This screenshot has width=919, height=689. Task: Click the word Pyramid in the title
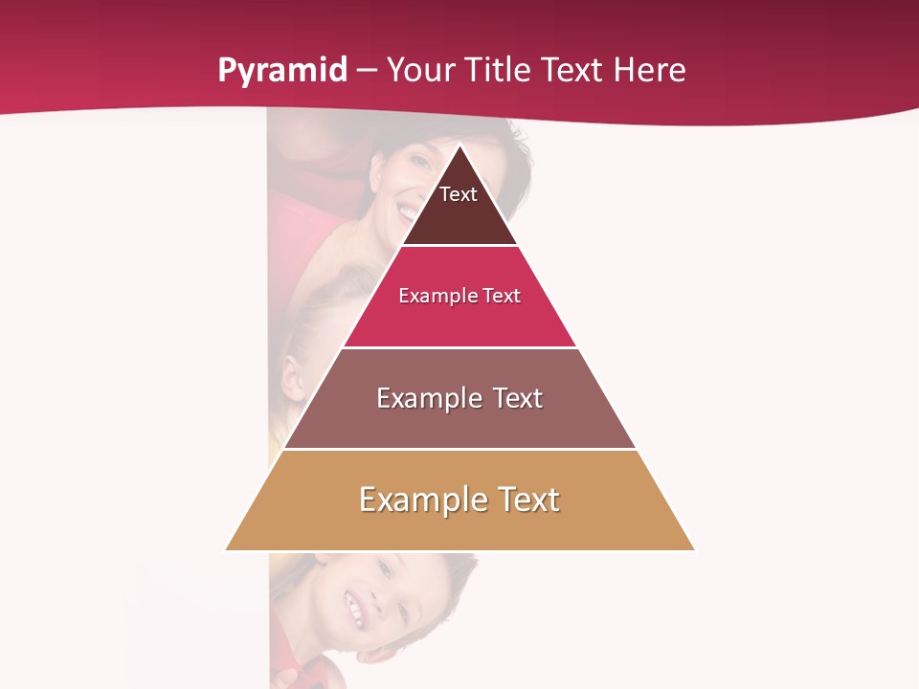tap(282, 71)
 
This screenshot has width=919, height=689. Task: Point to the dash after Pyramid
tap(367, 71)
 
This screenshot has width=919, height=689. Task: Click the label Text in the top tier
tap(459, 194)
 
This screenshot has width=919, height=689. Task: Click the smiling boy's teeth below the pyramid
tap(354, 607)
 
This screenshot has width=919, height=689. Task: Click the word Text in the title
tap(571, 71)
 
